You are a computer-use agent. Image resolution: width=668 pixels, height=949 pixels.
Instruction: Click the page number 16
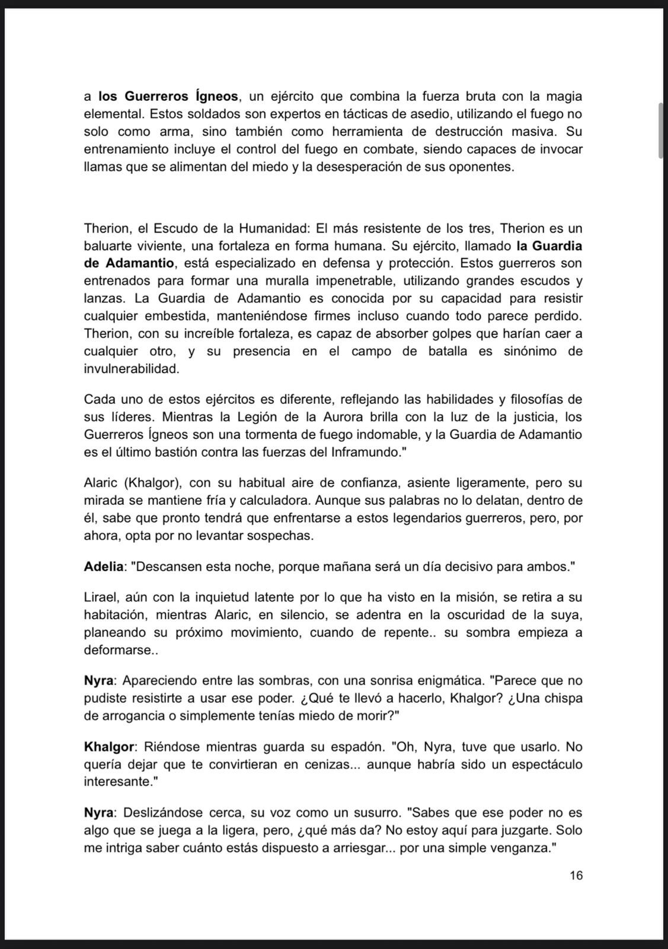coord(576,875)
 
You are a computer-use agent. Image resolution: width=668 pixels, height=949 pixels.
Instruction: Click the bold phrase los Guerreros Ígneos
coord(168,96)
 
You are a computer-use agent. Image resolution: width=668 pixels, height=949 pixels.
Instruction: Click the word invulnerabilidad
coord(131,368)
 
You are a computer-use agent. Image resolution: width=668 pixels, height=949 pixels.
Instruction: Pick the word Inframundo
coord(365,451)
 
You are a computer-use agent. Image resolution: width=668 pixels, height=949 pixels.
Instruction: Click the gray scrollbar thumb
coord(661,130)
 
